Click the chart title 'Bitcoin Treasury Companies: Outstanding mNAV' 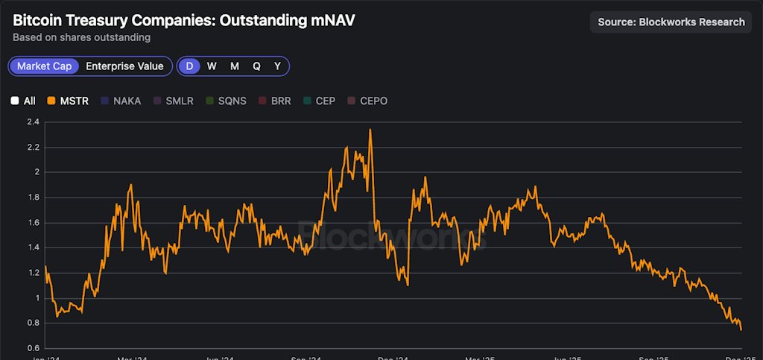tap(183, 20)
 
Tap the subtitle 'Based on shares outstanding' tap(81, 37)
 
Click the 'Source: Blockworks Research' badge tap(671, 22)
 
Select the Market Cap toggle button tap(45, 66)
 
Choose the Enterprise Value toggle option tap(124, 66)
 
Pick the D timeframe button tap(189, 66)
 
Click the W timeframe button tap(212, 66)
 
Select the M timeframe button tap(234, 66)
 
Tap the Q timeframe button tap(256, 66)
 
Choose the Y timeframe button tap(277, 66)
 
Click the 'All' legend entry tap(23, 101)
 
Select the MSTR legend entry tap(68, 101)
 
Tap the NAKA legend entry tap(120, 101)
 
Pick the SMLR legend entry tap(173, 101)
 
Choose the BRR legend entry tap(275, 101)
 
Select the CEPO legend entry tap(367, 101)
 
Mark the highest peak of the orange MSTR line tap(370, 130)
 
